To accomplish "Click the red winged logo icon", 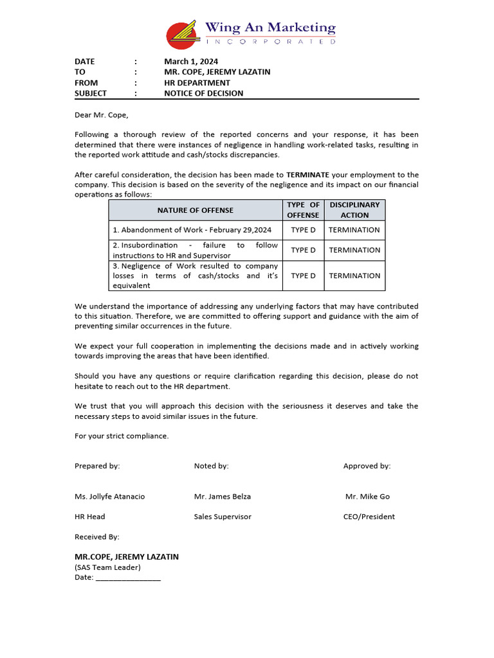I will tap(182, 35).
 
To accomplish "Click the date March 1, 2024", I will tap(191, 62).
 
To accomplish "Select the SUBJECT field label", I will tap(91, 93).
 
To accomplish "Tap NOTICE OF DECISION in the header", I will tap(203, 93).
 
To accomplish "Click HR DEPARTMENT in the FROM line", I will tap(197, 83).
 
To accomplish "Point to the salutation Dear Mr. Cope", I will tap(102, 115).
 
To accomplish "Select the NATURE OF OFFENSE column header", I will tap(195, 210).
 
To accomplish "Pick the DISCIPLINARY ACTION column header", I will tap(354, 210).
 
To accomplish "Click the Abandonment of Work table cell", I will tap(192, 230).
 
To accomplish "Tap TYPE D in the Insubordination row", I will tap(303, 251).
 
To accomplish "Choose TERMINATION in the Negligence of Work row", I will tap(354, 276).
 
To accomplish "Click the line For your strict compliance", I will tap(122, 436).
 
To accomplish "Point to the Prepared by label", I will tap(97, 466).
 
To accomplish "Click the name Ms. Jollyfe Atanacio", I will tap(110, 497).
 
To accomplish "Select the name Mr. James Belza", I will tap(223, 497).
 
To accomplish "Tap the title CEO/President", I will tap(369, 517).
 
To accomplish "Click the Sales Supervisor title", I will tap(223, 517).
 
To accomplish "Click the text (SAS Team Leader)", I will tap(107, 567).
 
